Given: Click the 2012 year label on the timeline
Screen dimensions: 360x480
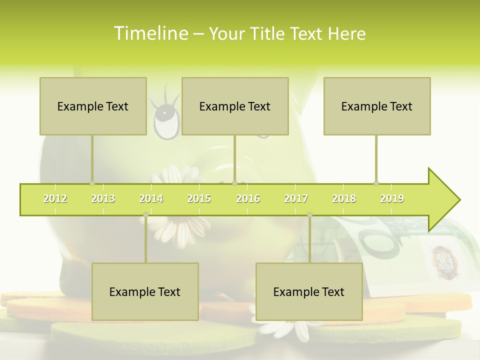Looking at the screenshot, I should point(55,198).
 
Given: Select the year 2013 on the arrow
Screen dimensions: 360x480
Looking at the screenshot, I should point(103,198).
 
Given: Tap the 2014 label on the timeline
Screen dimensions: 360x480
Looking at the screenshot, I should point(151,198).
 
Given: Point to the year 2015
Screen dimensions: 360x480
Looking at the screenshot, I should point(199,198).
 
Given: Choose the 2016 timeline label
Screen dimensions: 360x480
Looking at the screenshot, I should point(248,198).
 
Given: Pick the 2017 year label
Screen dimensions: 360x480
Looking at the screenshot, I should point(296,198).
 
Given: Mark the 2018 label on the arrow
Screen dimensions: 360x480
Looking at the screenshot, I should point(344,198).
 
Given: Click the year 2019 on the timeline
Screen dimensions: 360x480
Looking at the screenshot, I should point(392,198).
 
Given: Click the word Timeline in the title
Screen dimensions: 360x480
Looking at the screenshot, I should point(150,33).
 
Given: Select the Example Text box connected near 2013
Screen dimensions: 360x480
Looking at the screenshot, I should point(93,106).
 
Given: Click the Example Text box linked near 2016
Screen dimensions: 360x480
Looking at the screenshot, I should point(235,106).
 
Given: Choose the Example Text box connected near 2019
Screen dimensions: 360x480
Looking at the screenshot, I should point(377,106).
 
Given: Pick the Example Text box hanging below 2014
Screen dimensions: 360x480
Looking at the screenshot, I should point(145,291).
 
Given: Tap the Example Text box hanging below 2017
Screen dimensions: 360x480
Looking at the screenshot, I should point(309,291).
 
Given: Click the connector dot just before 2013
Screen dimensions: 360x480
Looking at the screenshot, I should point(92,183).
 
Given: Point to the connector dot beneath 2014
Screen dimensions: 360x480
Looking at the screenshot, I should point(145,215).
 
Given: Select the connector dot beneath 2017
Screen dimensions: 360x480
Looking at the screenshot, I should point(309,215).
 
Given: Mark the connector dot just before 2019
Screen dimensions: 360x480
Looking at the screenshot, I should point(376,183).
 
